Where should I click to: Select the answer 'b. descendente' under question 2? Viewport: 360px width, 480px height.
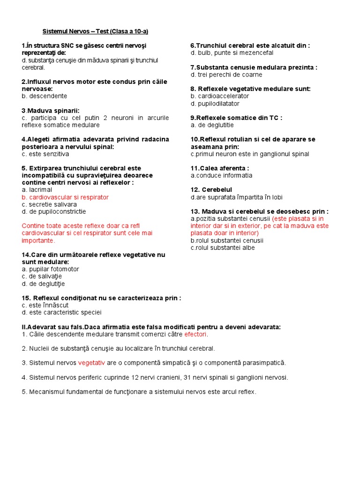pyautogui.click(x=45, y=96)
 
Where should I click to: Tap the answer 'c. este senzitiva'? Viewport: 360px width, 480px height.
pyautogui.click(x=45, y=154)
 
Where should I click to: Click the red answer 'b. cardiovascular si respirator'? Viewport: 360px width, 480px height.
pyautogui.click(x=65, y=197)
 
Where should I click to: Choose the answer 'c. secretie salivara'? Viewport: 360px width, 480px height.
pyautogui.click(x=49, y=204)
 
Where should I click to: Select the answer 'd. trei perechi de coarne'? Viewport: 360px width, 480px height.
pyautogui.click(x=226, y=75)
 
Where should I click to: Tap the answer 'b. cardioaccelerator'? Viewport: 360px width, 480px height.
pyautogui.click(x=220, y=96)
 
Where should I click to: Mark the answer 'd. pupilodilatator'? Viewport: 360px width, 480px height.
pyautogui.click(x=215, y=103)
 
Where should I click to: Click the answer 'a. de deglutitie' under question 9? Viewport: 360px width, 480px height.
pyautogui.click(x=212, y=125)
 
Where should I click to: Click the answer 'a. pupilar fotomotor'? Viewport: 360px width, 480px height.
pyautogui.click(x=51, y=269)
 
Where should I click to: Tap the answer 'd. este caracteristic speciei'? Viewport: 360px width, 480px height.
pyautogui.click(x=61, y=312)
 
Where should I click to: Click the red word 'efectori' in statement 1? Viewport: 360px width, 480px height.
pyautogui.click(x=195, y=334)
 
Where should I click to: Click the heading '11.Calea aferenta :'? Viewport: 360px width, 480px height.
pyautogui.click(x=219, y=168)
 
